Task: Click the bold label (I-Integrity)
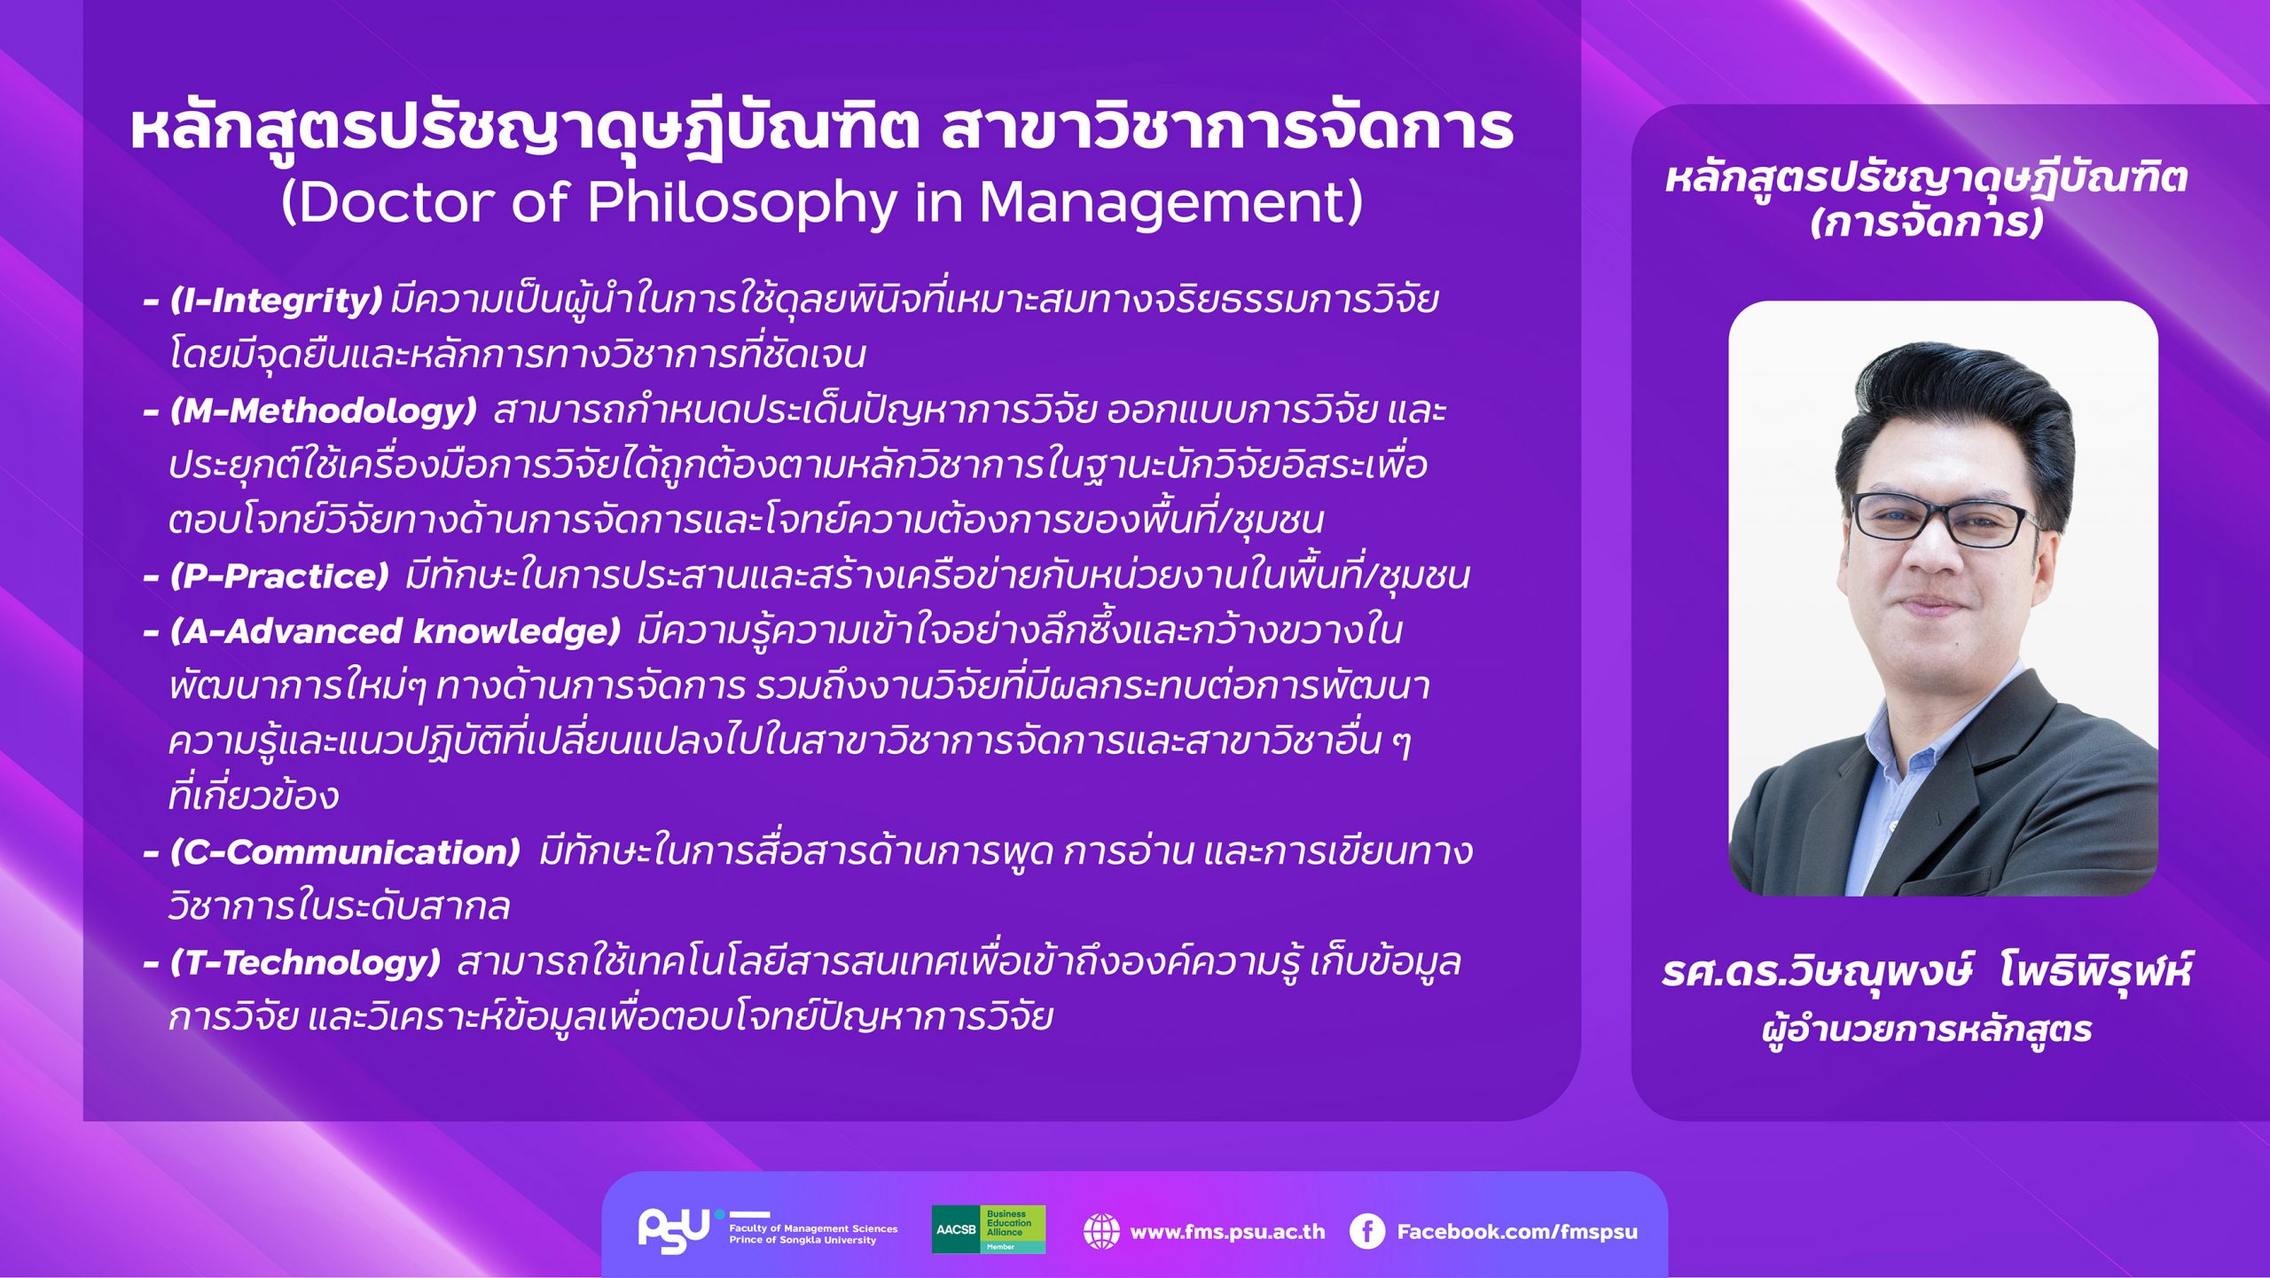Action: tap(276, 301)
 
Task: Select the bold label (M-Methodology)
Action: tap(324, 411)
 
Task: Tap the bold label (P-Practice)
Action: tap(279, 576)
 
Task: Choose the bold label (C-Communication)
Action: tap(345, 852)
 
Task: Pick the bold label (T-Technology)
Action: tap(305, 963)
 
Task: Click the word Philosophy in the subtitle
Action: tap(743, 204)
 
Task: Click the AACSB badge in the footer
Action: tap(988, 1229)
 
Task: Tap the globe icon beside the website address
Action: tap(1101, 1231)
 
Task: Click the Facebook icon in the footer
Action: tap(1366, 1231)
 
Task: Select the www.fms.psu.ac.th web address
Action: tap(1227, 1232)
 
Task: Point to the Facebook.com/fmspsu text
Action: tap(1517, 1232)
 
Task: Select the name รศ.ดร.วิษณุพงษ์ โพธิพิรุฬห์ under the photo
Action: tap(1926, 973)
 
